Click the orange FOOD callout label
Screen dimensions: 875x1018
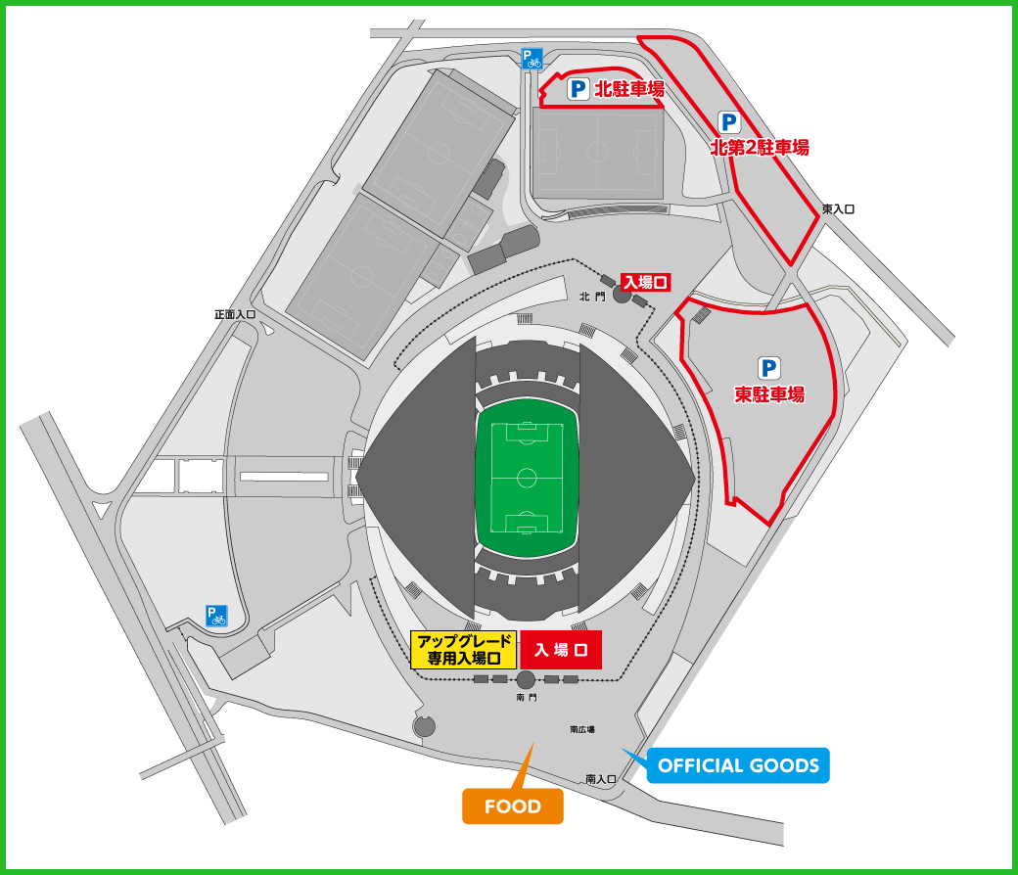coord(513,806)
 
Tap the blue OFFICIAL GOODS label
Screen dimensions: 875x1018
coord(738,765)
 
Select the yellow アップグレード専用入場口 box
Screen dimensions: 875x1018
coord(463,650)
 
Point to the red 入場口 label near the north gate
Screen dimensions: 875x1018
coord(645,282)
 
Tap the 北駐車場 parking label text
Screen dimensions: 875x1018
coord(629,90)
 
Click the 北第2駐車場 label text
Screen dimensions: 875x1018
coord(760,148)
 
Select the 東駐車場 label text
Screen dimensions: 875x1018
coord(769,394)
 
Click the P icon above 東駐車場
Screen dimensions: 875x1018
coord(769,368)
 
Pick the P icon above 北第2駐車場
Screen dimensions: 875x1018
coord(729,121)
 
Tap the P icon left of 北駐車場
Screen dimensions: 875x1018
coord(578,90)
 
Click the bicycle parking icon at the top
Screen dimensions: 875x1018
coord(532,59)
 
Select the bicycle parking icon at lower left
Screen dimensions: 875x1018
coord(216,616)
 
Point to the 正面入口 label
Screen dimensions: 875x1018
coord(235,315)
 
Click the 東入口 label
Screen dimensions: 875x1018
coord(839,209)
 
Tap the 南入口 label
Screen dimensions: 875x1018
coord(601,779)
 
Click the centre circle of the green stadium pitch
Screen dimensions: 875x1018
coord(527,478)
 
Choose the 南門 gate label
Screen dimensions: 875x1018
coord(527,699)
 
